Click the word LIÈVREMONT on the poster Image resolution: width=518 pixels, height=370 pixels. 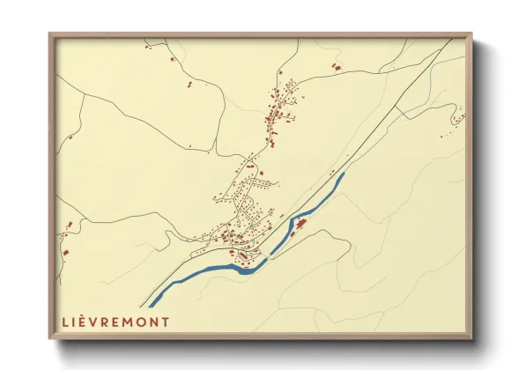115,321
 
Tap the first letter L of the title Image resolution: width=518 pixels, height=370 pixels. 66,321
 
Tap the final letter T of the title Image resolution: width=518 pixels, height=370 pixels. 167,321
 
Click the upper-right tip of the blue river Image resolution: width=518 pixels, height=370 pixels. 342,174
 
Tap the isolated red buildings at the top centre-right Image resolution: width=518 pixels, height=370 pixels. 335,66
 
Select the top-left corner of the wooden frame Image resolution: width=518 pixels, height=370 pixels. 50,35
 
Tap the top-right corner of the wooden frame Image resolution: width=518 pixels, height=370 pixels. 470,35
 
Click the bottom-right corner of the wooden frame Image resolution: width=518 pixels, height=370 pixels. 470,338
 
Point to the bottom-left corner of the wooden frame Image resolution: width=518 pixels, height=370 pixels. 50,338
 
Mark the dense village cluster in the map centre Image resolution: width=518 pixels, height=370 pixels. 242,225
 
